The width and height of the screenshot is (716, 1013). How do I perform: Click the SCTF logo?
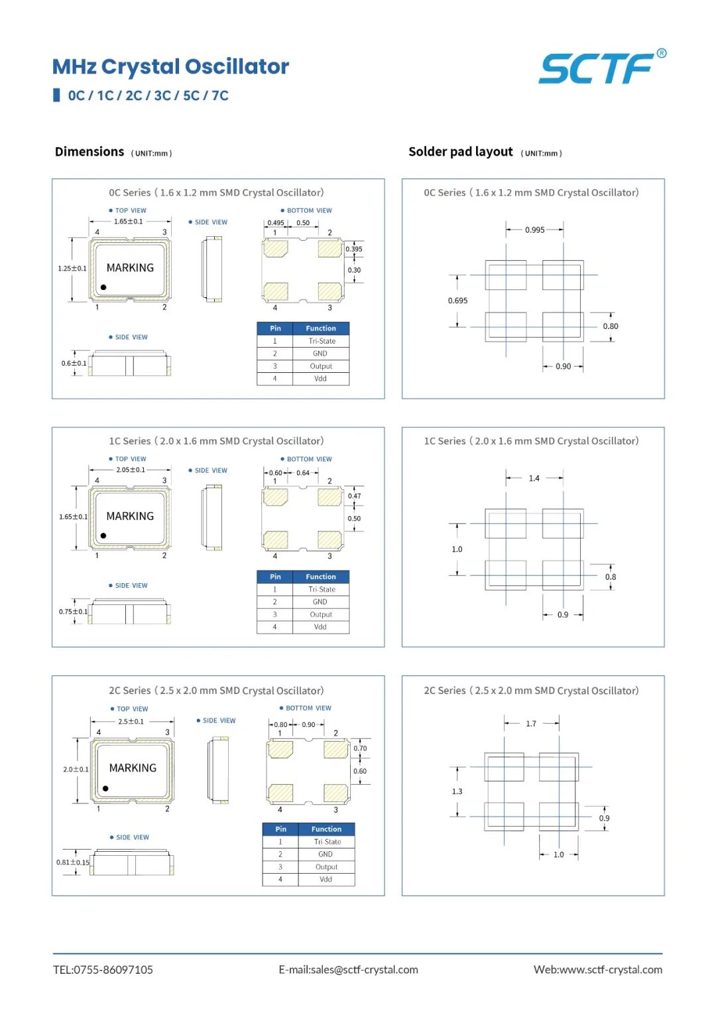[x=601, y=67]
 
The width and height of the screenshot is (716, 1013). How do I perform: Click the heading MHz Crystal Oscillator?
[x=170, y=66]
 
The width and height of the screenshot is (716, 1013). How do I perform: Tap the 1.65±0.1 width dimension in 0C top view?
[x=129, y=221]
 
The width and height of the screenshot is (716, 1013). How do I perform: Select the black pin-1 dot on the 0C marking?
[x=103, y=287]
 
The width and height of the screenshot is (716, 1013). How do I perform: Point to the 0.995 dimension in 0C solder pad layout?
[x=535, y=230]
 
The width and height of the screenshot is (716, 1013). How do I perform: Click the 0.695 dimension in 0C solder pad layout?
[x=457, y=301]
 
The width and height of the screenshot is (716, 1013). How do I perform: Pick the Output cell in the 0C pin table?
[x=321, y=366]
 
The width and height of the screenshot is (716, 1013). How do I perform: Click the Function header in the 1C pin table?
[x=321, y=576]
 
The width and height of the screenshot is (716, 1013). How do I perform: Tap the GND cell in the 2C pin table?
[x=326, y=854]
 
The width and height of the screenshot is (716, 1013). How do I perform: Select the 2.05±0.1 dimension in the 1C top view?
[x=131, y=470]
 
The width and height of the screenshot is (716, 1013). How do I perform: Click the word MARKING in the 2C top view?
[x=133, y=768]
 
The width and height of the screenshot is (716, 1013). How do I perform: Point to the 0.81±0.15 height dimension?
[x=73, y=862]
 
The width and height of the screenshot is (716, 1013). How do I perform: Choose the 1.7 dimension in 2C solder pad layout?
[x=531, y=724]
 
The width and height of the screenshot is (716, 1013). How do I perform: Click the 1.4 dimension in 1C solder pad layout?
[x=534, y=478]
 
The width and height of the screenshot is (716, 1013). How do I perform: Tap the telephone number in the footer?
[x=103, y=970]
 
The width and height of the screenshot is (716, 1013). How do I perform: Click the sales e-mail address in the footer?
[x=348, y=970]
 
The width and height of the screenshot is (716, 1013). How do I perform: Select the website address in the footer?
[x=598, y=970]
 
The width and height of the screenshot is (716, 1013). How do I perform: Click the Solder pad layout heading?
[x=461, y=151]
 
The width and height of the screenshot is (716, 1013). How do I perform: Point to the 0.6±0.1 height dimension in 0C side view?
[x=74, y=363]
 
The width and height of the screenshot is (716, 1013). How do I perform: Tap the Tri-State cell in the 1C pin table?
[x=322, y=589]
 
